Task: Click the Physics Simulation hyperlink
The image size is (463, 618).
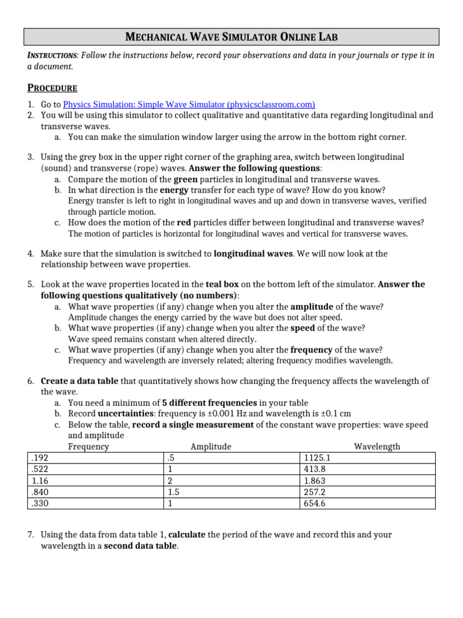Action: click(x=189, y=104)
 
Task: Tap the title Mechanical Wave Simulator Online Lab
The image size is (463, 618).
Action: click(x=231, y=37)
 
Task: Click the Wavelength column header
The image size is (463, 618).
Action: click(x=377, y=447)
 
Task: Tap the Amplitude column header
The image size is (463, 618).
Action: click(x=210, y=447)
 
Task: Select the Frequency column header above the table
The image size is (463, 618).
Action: click(x=89, y=447)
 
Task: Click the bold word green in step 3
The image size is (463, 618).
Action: click(x=185, y=179)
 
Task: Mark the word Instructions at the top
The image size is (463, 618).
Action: click(x=52, y=56)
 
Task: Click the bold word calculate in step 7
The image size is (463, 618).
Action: click(x=186, y=535)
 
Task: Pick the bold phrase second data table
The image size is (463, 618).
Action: click(x=141, y=546)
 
